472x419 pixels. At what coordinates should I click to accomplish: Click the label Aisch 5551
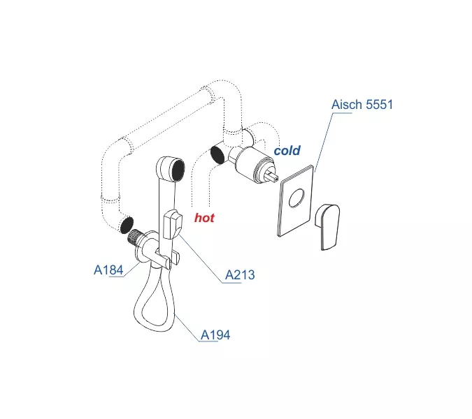pyautogui.click(x=362, y=105)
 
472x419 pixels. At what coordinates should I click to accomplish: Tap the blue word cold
pyautogui.click(x=287, y=150)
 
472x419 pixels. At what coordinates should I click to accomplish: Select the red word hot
pyautogui.click(x=204, y=217)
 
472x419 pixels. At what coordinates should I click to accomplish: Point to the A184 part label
pyautogui.click(x=108, y=270)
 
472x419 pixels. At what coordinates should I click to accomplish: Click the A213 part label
pyautogui.click(x=239, y=275)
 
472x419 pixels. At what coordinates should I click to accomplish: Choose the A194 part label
pyautogui.click(x=215, y=335)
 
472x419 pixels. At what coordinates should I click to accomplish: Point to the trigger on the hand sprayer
pyautogui.click(x=172, y=226)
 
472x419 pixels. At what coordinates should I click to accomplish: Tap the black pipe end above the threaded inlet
pyautogui.click(x=126, y=226)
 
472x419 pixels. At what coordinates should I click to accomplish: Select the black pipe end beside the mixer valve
pyautogui.click(x=218, y=154)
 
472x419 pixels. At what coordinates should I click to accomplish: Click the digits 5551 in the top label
pyautogui.click(x=379, y=105)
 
